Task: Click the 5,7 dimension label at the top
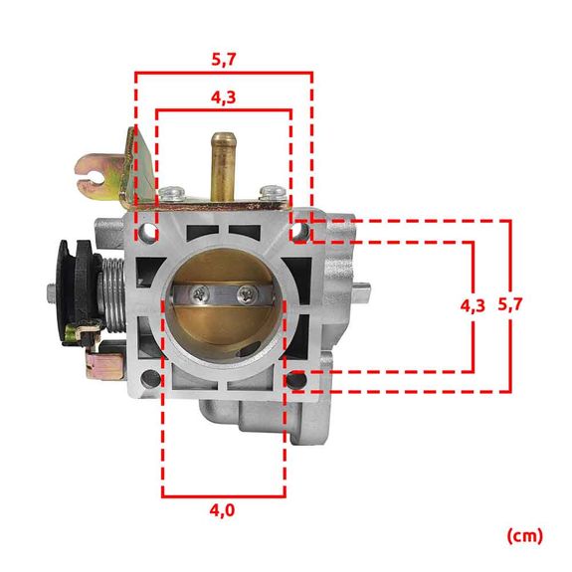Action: [224, 59]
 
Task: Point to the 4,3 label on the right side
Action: [474, 306]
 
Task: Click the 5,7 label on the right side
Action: [510, 305]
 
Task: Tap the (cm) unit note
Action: [524, 535]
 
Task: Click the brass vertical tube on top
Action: [221, 164]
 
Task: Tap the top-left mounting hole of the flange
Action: [149, 234]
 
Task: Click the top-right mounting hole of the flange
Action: [297, 233]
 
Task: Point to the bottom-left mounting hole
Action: [149, 378]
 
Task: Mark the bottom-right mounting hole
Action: [296, 379]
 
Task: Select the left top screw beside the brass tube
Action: [175, 192]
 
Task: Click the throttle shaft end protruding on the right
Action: [364, 289]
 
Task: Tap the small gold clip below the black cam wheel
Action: [100, 363]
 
